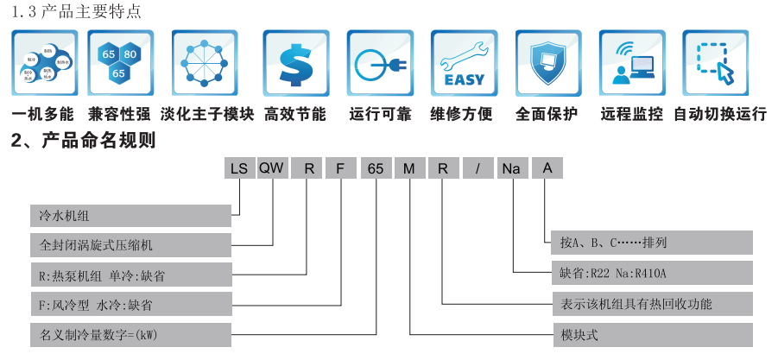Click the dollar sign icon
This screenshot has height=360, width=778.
click(x=295, y=64)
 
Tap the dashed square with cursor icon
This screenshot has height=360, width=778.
click(x=715, y=64)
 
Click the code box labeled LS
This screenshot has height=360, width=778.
click(x=238, y=168)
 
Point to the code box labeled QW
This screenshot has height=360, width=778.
click(x=272, y=168)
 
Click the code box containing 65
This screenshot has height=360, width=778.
click(x=375, y=168)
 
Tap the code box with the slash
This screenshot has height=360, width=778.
click(x=477, y=168)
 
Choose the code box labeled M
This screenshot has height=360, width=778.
click(x=408, y=168)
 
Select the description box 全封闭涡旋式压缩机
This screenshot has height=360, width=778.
click(x=130, y=244)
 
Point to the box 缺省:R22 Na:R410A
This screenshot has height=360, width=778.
click(x=652, y=275)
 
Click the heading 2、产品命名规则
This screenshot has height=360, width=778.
click(x=83, y=140)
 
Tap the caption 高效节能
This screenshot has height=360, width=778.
click(x=295, y=114)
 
